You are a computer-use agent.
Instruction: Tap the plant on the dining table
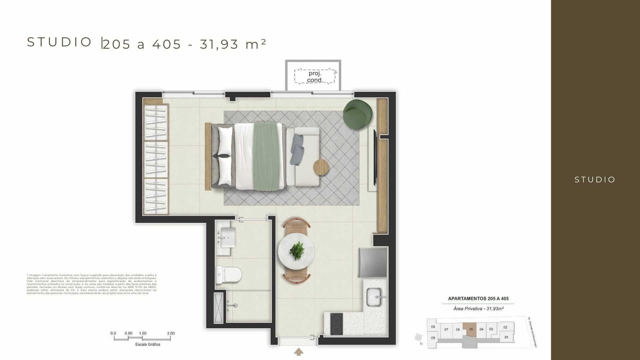click(x=297, y=250)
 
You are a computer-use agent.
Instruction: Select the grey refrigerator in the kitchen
click(x=373, y=262)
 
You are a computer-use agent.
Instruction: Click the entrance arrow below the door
click(x=298, y=352)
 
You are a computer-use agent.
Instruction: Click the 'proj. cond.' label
click(x=315, y=77)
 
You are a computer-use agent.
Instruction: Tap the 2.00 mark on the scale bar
click(x=170, y=334)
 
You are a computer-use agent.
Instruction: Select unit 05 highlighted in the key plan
click(x=471, y=329)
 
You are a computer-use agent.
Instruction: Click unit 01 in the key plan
click(x=506, y=337)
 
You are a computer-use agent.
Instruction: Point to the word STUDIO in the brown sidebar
click(x=595, y=180)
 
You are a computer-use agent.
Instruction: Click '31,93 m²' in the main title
click(x=233, y=44)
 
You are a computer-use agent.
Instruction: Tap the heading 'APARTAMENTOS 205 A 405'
click(x=478, y=299)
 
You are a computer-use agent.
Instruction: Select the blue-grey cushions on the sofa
click(x=298, y=149)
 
